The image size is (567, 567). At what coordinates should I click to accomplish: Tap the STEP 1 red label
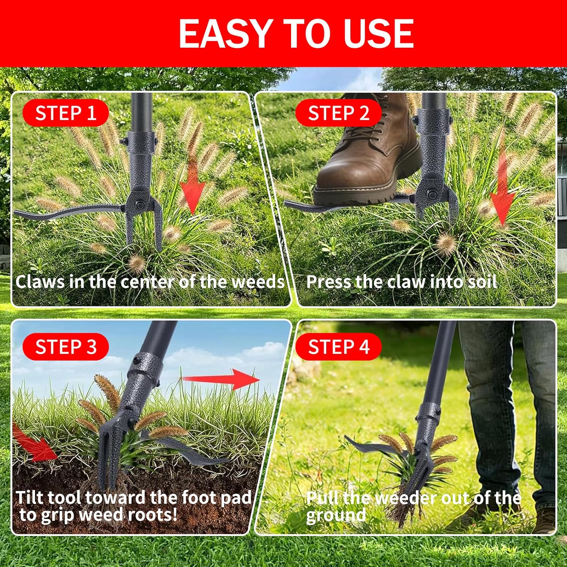tap(65, 113)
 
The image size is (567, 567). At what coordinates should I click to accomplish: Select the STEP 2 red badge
tap(338, 113)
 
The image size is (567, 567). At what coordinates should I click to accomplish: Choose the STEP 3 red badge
tap(65, 347)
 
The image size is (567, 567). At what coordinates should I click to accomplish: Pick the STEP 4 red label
tap(338, 347)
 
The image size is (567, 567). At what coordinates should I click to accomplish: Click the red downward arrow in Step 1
tap(192, 189)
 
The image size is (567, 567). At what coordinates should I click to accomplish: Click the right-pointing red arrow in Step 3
tap(223, 378)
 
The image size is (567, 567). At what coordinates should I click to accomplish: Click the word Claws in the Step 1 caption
tap(40, 282)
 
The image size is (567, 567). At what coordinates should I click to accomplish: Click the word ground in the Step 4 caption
tap(336, 515)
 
